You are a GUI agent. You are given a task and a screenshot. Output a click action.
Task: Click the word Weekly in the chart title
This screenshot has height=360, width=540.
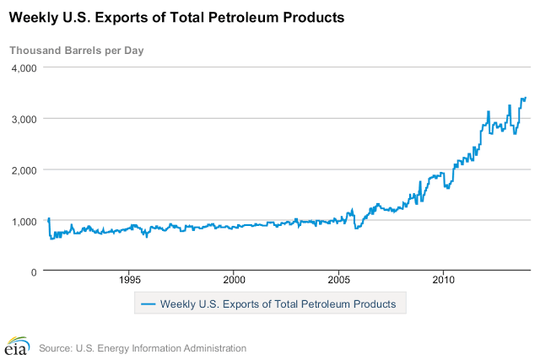coord(33,17)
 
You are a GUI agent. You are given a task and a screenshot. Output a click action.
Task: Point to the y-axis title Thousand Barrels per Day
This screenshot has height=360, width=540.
coord(76,50)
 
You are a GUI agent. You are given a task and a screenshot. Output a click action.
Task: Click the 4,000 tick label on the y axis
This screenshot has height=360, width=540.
coord(22,67)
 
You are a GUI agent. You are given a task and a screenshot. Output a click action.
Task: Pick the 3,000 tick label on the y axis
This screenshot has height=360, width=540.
coord(22,119)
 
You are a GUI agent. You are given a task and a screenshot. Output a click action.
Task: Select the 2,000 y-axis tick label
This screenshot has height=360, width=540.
coord(22,169)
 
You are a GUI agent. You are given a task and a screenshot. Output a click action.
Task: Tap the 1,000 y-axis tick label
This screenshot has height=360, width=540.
coord(22,221)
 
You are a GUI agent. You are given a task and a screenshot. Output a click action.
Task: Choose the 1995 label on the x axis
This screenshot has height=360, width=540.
coord(130,280)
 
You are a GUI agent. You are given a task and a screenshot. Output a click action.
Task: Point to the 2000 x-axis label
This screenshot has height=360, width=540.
coord(235,280)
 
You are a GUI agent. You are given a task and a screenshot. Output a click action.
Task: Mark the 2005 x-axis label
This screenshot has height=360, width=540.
coord(339,280)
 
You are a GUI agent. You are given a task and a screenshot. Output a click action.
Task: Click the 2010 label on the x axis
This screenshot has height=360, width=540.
coord(444,280)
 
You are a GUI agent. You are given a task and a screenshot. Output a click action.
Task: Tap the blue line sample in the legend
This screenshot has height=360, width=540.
coord(148,304)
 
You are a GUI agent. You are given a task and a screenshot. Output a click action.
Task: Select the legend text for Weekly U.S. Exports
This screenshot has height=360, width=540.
coord(278,304)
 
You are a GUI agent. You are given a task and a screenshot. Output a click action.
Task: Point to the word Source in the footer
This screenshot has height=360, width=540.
coord(56,347)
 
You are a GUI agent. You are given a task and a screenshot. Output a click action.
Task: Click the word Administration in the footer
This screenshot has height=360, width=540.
coord(212,347)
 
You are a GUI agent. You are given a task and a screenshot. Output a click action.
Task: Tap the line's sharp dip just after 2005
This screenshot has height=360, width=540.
coord(357,228)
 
